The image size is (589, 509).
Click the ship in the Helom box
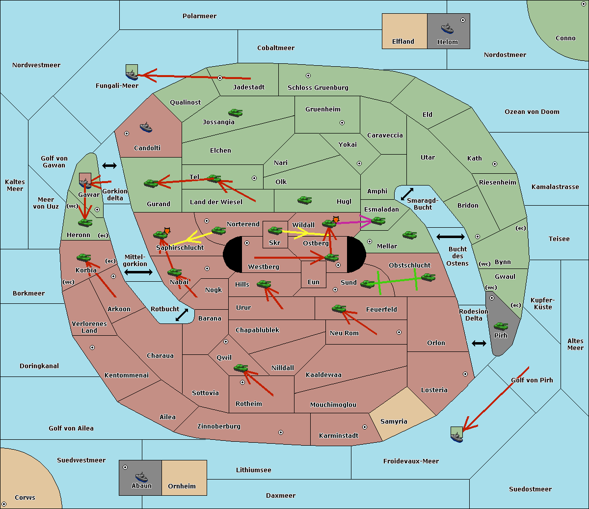click(447, 28)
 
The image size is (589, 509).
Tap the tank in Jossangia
click(236, 112)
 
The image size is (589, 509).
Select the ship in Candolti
click(146, 128)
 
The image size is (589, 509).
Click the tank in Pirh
click(501, 326)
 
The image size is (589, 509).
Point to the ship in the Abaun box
click(142, 477)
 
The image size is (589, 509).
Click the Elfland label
click(403, 42)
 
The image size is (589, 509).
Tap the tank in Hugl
click(304, 200)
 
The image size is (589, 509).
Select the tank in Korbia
click(84, 258)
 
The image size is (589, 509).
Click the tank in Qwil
click(241, 368)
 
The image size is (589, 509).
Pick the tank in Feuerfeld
click(339, 309)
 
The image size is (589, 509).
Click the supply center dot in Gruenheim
click(342, 123)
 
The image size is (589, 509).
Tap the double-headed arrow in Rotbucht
click(182, 315)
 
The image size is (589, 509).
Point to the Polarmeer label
click(199, 16)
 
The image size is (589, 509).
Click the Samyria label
click(394, 421)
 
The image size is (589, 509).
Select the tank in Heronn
click(85, 222)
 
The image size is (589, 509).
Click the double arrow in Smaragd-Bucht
click(407, 194)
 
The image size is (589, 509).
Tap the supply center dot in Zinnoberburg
click(281, 432)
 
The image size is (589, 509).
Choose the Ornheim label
click(182, 486)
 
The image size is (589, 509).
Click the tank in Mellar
click(410, 235)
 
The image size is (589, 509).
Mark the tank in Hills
click(264, 284)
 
